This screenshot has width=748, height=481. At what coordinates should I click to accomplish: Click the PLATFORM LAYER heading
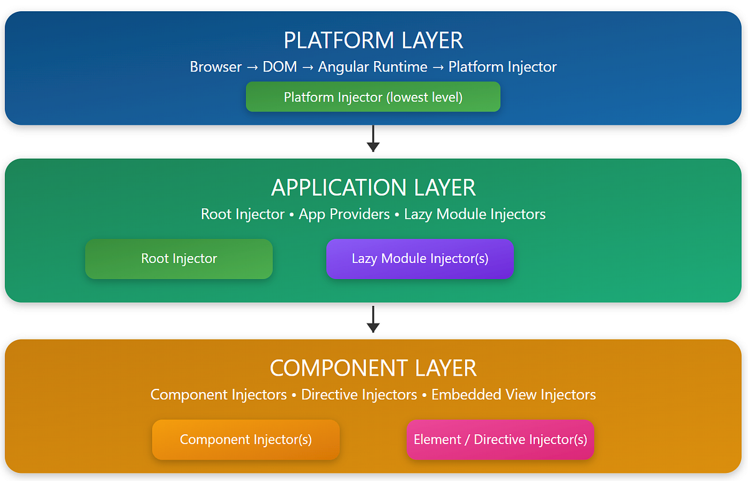(x=373, y=40)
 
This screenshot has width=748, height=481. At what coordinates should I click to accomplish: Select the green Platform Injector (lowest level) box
(x=373, y=97)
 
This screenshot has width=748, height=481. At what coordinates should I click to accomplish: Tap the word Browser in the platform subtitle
(x=216, y=67)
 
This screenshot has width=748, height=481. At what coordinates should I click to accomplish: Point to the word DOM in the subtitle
(x=280, y=67)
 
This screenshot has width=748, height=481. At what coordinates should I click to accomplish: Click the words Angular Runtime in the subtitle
(x=373, y=67)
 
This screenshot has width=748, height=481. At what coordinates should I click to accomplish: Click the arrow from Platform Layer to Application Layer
(x=373, y=139)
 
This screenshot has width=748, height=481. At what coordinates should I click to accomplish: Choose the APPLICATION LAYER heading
(x=373, y=188)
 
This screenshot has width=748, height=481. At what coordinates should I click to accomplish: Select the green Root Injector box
(x=179, y=259)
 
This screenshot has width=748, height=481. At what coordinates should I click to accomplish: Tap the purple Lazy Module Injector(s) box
(x=420, y=259)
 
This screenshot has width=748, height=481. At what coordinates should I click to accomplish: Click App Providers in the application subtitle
(x=344, y=214)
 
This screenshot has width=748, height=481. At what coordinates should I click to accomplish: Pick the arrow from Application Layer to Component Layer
(x=373, y=319)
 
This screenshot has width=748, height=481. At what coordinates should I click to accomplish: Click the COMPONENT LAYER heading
(x=373, y=368)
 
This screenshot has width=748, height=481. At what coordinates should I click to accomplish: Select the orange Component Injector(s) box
(x=246, y=439)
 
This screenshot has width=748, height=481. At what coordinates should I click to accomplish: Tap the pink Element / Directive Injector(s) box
(x=500, y=439)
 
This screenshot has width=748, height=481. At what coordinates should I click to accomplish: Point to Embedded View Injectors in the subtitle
(x=513, y=394)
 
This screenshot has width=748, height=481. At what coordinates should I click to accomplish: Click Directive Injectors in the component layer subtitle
(x=359, y=394)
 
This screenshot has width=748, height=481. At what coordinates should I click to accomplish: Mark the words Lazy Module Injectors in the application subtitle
(x=474, y=214)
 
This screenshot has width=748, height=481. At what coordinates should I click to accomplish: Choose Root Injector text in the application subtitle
(x=242, y=214)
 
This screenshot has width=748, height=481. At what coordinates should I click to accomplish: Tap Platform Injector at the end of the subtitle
(x=502, y=67)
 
